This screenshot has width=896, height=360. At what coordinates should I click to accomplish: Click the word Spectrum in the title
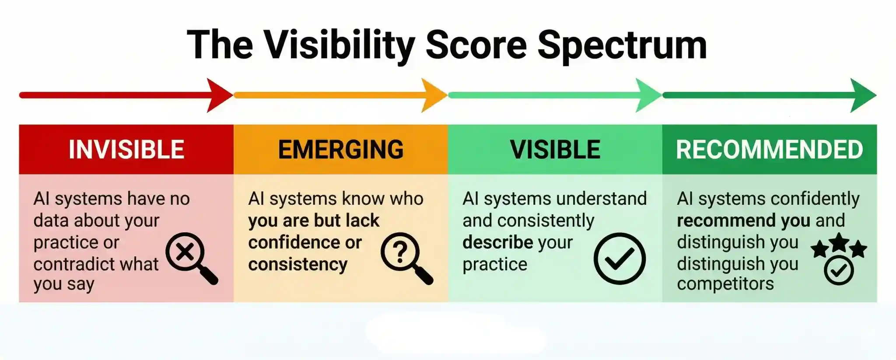pyautogui.click(x=622, y=45)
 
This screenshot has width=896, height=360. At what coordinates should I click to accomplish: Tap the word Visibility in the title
pyautogui.click(x=339, y=45)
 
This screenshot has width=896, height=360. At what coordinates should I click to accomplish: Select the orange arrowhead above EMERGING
pyautogui.click(x=434, y=95)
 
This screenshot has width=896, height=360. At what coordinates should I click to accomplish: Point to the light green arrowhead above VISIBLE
pyautogui.click(x=648, y=95)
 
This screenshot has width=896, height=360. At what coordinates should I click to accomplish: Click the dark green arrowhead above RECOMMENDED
pyautogui.click(x=863, y=95)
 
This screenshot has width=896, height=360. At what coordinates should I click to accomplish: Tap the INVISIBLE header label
pyautogui.click(x=126, y=150)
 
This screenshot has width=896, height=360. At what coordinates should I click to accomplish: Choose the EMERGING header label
pyautogui.click(x=341, y=150)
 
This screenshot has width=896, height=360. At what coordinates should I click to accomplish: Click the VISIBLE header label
pyautogui.click(x=555, y=150)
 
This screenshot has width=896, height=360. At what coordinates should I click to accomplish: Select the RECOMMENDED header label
pyautogui.click(x=770, y=150)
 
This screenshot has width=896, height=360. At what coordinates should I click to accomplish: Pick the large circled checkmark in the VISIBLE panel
pyautogui.click(x=619, y=259)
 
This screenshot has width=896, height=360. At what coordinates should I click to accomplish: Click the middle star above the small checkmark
pyautogui.click(x=839, y=242)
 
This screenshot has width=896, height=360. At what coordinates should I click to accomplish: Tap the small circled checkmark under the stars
pyautogui.click(x=839, y=271)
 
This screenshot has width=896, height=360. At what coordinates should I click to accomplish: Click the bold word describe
pyautogui.click(x=498, y=242)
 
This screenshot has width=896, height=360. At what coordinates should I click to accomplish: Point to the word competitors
pyautogui.click(x=725, y=284)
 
